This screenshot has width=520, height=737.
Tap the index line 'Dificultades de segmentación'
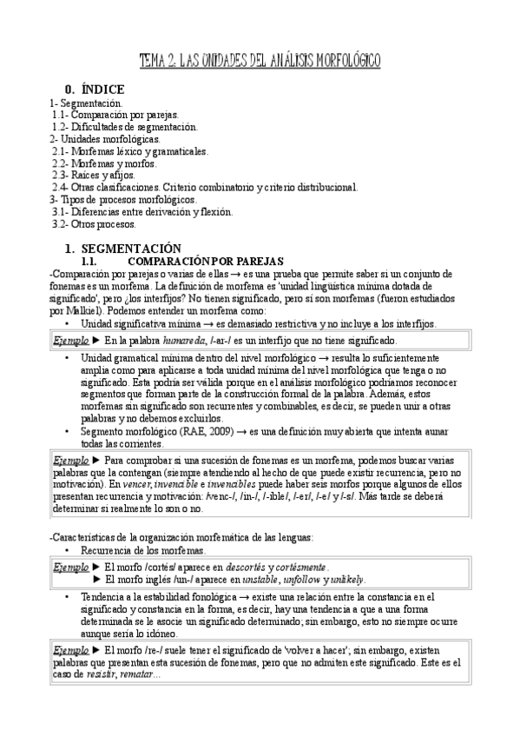[127, 127]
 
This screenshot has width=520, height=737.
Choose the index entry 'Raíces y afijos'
[105, 176]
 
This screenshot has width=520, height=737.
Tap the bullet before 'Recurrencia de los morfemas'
[68, 551]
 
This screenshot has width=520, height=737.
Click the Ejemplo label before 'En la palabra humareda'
[70, 341]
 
